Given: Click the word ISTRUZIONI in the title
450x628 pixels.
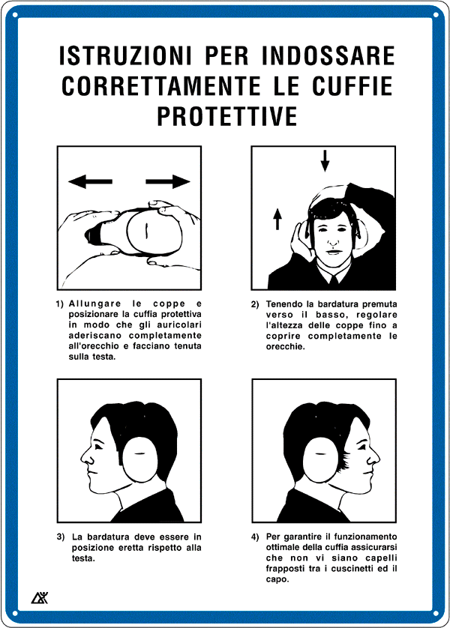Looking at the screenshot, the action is pos(125,55).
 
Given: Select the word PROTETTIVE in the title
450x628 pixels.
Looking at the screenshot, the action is pos(226,116).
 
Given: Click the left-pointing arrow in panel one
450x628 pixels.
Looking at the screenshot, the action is pos(90,181).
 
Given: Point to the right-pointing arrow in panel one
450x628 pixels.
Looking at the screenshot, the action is pos(168,181).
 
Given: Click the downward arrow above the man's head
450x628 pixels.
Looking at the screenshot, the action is pos(325,161).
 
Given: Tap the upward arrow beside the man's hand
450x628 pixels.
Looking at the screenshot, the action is pos(277,219).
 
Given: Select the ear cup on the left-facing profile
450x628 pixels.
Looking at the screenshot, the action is pos(139,459).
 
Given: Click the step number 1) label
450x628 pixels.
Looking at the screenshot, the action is pos(60,304).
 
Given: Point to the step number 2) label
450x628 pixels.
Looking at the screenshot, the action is pos(255,304).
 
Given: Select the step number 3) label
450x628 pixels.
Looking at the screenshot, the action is pos(61,537).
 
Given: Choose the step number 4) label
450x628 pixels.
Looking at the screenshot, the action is pos(255,537).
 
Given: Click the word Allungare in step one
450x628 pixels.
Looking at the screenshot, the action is pos(94,304).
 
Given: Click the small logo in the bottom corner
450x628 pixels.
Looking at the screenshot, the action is pos(40,597).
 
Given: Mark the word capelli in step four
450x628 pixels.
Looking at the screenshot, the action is pos(381,558).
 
